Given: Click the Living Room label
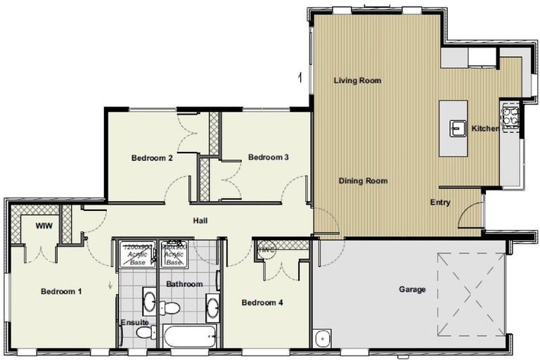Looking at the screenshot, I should coord(357,81).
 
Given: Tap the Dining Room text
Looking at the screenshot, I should coord(363,181).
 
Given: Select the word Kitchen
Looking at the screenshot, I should coord(484,129).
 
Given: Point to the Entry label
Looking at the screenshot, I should coord(440,203).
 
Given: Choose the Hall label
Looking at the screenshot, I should coord(200,221).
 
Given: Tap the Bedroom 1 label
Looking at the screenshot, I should coord(61,291).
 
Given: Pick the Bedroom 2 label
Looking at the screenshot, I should coord(152,158).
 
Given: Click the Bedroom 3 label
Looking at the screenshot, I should coord(269,157).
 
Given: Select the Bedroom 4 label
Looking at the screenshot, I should coord(262,303).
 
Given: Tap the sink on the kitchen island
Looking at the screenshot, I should coord(458,128).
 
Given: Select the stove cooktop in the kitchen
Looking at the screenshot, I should coord(509,115).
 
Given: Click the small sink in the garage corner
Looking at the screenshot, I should coord(322,337).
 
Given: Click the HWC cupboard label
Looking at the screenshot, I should coord(266,248).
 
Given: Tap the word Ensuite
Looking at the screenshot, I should coord(134,323).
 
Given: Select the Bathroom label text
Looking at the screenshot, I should coord(184,284).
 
